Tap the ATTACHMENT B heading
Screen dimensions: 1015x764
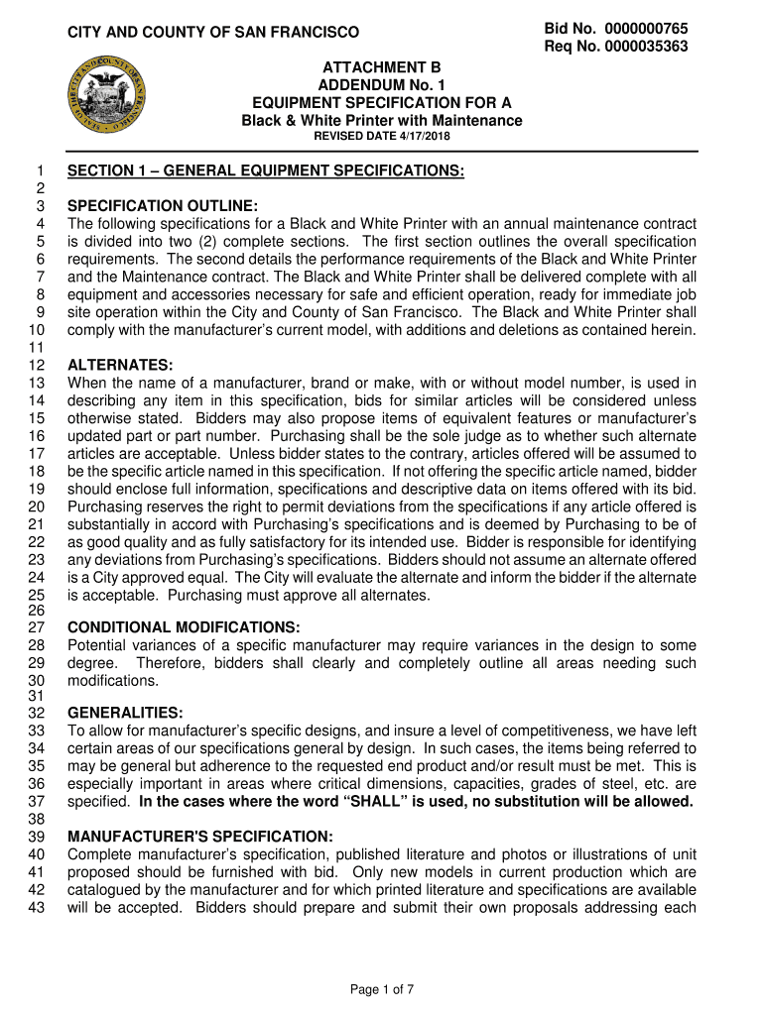point(382,66)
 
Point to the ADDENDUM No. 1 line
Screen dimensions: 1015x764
point(382,85)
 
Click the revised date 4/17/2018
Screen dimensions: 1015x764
point(382,136)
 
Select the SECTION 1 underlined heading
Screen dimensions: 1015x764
point(265,171)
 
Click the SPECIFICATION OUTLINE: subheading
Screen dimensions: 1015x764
point(163,206)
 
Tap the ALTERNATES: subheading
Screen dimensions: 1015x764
point(120,366)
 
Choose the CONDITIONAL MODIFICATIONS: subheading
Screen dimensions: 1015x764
point(184,627)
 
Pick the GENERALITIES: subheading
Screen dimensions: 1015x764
point(124,714)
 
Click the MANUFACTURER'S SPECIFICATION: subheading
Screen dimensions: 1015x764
point(200,836)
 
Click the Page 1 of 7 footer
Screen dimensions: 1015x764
point(382,988)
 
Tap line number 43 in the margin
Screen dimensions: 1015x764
point(36,906)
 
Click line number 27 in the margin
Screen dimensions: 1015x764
point(36,627)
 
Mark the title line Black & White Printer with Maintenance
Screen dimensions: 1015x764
point(382,120)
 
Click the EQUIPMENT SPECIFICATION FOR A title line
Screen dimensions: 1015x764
point(382,103)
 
